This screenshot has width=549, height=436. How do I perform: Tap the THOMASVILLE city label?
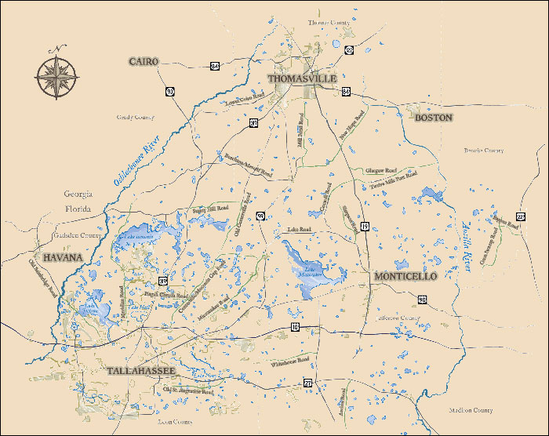(302, 79)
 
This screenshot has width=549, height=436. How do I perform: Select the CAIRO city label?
(144, 61)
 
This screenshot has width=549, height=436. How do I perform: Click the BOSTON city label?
(434, 117)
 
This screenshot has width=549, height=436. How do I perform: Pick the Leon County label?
(175, 421)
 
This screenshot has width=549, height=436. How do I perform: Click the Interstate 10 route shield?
(295, 326)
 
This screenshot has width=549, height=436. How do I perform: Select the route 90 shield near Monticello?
(422, 300)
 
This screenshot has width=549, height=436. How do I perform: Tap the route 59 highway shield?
(260, 215)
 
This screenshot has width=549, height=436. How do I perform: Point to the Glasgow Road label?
(381, 170)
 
